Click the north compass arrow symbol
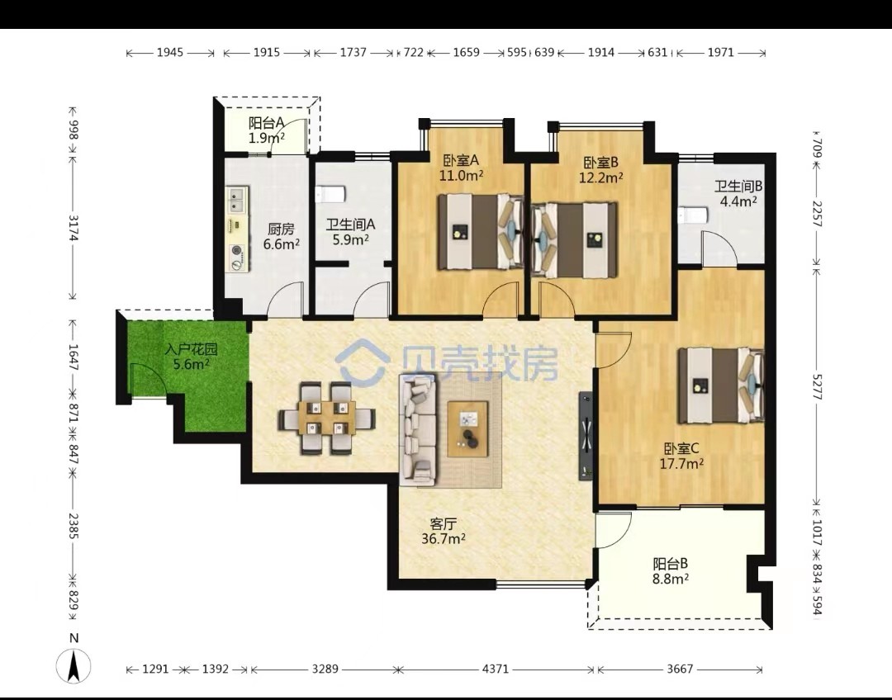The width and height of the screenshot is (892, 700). pos(74,666)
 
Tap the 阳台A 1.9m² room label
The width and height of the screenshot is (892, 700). pos(266,130)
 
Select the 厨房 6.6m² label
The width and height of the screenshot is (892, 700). pos(281,237)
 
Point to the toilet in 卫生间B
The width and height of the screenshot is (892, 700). pos(693,215)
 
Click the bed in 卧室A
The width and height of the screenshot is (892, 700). pos(480,231)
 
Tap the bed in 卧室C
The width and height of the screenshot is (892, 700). pos(721,385)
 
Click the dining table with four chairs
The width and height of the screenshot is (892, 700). pos(326,418)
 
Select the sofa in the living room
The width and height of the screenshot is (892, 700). pos(418,429)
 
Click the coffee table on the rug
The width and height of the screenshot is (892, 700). pos(468,428)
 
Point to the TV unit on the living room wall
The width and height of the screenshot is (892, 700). pos(586,435)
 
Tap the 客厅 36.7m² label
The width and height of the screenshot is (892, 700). pos(444,531)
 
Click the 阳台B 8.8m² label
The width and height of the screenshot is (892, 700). pos(671,571)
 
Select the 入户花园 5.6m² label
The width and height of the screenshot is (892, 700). pos(191,357)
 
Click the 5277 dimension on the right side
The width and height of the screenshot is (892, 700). pos(817,386)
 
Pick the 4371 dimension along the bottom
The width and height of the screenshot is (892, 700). pos(496,669)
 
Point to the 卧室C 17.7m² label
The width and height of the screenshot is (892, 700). pos(681,456)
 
